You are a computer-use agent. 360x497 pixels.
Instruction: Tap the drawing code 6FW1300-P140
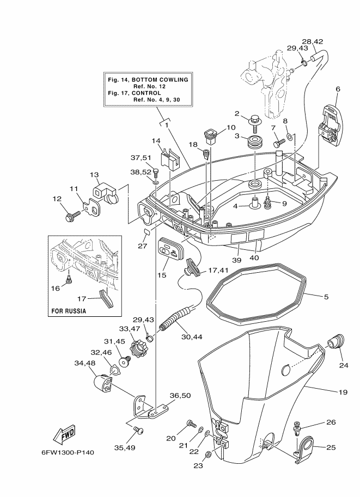68,452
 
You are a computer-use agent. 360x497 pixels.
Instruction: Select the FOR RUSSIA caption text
69,311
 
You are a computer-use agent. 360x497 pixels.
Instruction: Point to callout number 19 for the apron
343,392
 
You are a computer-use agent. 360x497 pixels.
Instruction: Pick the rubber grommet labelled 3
255,142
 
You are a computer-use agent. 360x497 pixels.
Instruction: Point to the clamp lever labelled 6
331,125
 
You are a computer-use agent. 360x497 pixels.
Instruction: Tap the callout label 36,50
180,395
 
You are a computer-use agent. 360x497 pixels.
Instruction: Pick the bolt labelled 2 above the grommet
254,123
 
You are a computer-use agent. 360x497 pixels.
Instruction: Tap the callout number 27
142,246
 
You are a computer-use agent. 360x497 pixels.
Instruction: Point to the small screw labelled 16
69,279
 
